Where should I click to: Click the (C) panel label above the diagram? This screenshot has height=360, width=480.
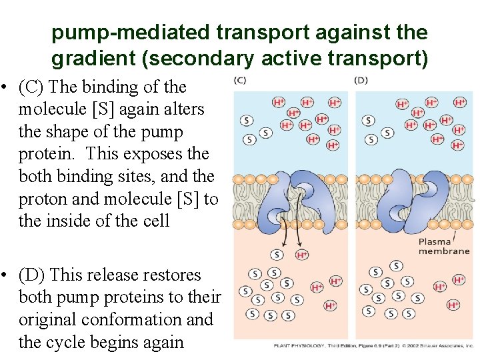tap(240, 81)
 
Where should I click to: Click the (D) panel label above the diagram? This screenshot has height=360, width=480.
tap(361, 81)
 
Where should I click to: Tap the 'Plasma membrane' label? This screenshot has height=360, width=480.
tap(443, 246)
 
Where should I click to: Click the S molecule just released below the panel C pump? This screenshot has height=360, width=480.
tap(277, 255)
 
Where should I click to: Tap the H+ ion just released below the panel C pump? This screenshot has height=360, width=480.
tap(302, 255)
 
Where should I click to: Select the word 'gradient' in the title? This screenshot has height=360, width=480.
tap(93, 59)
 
